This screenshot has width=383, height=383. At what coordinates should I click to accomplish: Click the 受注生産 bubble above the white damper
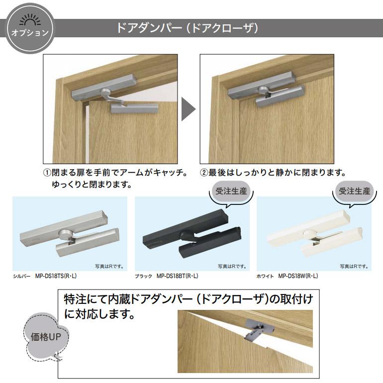point(355,191)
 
